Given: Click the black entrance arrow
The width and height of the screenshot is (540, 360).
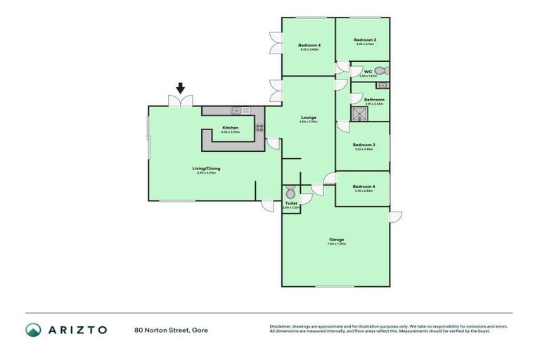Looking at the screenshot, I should (181, 88).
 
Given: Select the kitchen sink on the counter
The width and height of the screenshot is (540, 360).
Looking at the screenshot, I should (239, 110).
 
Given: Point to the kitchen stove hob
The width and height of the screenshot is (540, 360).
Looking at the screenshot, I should (259, 128).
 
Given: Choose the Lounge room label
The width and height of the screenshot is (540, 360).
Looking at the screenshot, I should (308, 117).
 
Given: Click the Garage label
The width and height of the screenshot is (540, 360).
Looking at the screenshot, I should (335, 240).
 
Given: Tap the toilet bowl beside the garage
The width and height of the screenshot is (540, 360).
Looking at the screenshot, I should (290, 191).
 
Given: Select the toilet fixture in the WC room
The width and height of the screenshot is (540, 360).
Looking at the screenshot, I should (380, 70).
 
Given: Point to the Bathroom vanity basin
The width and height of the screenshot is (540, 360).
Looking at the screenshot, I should (382, 86).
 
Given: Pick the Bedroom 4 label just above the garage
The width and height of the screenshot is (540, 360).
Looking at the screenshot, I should (364, 186).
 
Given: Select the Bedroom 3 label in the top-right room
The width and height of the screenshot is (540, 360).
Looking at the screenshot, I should (364, 40).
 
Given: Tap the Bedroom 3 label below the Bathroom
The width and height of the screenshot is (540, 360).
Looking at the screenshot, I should (364, 145).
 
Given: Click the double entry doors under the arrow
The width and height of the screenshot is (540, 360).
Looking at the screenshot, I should (181, 102).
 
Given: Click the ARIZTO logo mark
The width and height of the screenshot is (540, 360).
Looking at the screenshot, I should (33, 330).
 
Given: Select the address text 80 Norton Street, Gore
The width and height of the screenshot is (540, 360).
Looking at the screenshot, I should (171, 330).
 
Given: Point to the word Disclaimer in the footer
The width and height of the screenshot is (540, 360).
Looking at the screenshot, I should (283, 326).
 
